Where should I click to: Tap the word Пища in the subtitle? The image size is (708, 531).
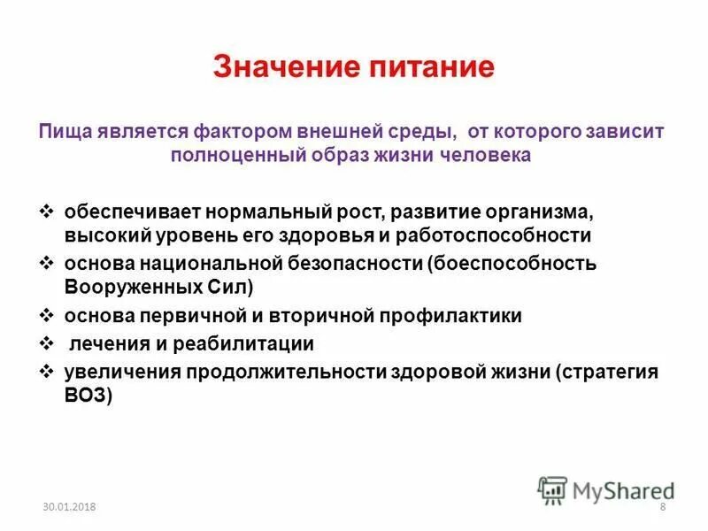click(x=62, y=131)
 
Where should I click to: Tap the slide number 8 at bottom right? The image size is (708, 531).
click(x=662, y=506)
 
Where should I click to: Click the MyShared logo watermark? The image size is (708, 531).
click(x=606, y=489)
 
